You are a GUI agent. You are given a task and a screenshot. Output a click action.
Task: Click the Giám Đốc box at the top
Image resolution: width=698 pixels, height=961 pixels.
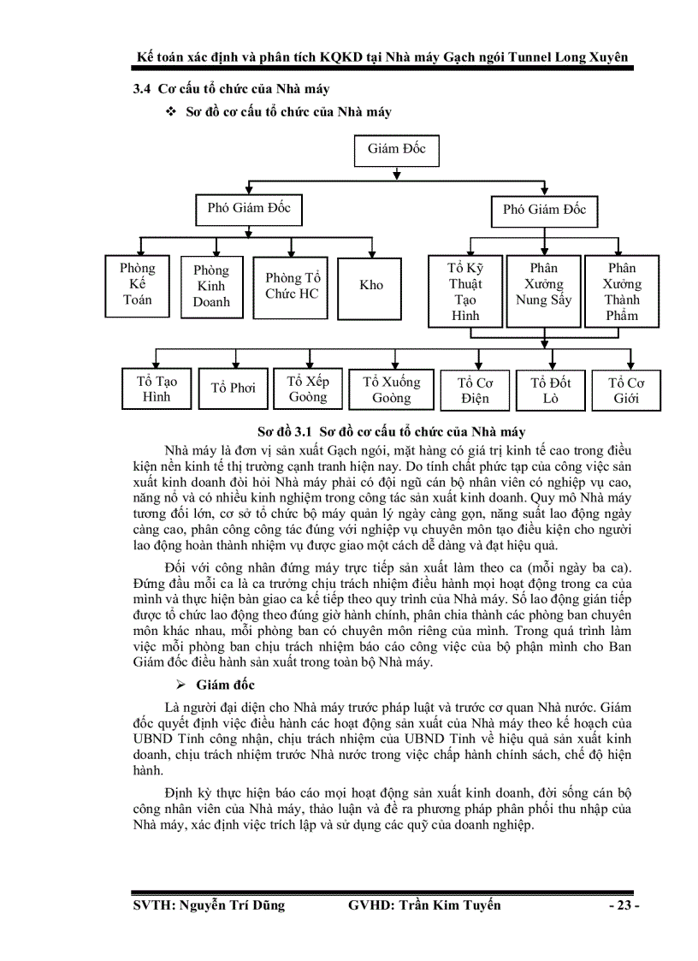tap(396, 149)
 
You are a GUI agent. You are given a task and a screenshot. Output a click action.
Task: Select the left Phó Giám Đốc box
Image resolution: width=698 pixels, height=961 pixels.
tap(249, 207)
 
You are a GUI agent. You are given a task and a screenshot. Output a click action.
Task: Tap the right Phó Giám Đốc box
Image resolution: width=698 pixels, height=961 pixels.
tap(544, 209)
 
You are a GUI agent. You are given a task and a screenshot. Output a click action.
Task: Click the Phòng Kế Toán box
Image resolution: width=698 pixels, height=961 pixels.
tap(137, 284)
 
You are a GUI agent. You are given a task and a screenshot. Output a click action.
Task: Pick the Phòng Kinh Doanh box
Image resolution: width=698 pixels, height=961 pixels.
tap(211, 286)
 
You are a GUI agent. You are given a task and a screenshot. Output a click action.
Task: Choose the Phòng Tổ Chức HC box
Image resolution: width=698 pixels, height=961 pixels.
tap(292, 286)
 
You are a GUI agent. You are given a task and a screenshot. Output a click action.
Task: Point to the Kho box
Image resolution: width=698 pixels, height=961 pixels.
tap(371, 285)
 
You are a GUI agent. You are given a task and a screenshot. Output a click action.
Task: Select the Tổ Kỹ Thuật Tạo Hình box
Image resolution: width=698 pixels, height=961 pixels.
tap(465, 292)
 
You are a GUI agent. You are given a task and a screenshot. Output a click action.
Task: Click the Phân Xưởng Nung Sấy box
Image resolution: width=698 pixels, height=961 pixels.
tap(543, 292)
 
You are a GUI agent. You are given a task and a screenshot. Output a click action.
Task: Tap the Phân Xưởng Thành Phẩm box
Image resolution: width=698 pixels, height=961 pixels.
tap(622, 292)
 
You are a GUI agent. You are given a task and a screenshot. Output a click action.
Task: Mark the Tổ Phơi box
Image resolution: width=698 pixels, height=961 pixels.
tap(234, 389)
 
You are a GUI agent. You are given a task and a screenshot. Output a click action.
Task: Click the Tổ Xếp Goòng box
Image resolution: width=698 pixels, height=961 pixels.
tap(307, 389)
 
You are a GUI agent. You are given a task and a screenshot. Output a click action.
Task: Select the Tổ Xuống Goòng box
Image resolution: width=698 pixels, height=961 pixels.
tap(391, 390)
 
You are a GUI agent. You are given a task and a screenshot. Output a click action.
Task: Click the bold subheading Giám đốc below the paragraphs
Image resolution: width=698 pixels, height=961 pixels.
tap(225, 685)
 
